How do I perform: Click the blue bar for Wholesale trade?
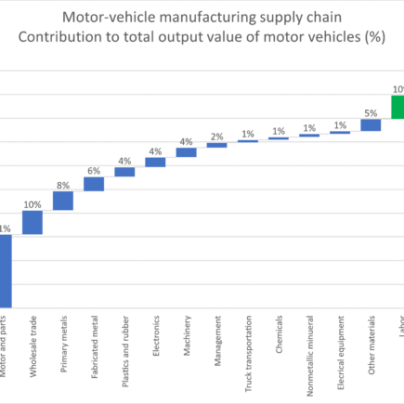[x=33, y=222]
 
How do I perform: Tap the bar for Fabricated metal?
[x=94, y=184]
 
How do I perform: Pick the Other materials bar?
[x=371, y=124]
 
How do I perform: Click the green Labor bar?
[x=397, y=106]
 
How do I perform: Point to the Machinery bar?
[x=186, y=152]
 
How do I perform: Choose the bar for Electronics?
[x=155, y=162]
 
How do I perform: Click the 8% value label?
[x=63, y=184]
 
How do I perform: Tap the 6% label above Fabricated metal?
[x=94, y=170]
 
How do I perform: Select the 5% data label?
[x=371, y=112]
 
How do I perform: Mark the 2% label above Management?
[x=216, y=137]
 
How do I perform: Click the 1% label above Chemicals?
[x=278, y=131]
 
